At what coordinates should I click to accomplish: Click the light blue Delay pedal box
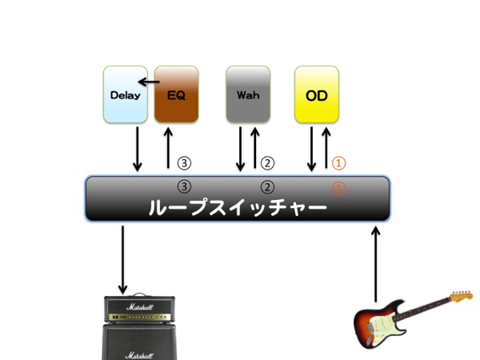pyautogui.click(x=126, y=94)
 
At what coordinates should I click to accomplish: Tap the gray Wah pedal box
pyautogui.click(x=248, y=94)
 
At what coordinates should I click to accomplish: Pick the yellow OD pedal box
pyautogui.click(x=317, y=94)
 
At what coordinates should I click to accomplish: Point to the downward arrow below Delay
pyautogui.click(x=138, y=148)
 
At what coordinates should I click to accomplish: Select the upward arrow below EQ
pyautogui.click(x=168, y=147)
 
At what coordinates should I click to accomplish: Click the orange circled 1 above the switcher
pyautogui.click(x=338, y=162)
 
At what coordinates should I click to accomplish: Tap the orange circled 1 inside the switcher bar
pyautogui.click(x=338, y=190)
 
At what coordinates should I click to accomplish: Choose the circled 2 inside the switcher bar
pyautogui.click(x=268, y=187)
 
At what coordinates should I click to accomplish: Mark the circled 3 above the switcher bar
pyautogui.click(x=185, y=162)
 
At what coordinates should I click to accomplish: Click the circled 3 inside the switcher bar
pyautogui.click(x=185, y=187)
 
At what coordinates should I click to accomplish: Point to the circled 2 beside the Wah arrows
pyautogui.click(x=268, y=162)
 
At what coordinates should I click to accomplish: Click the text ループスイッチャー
pyautogui.click(x=238, y=209)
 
